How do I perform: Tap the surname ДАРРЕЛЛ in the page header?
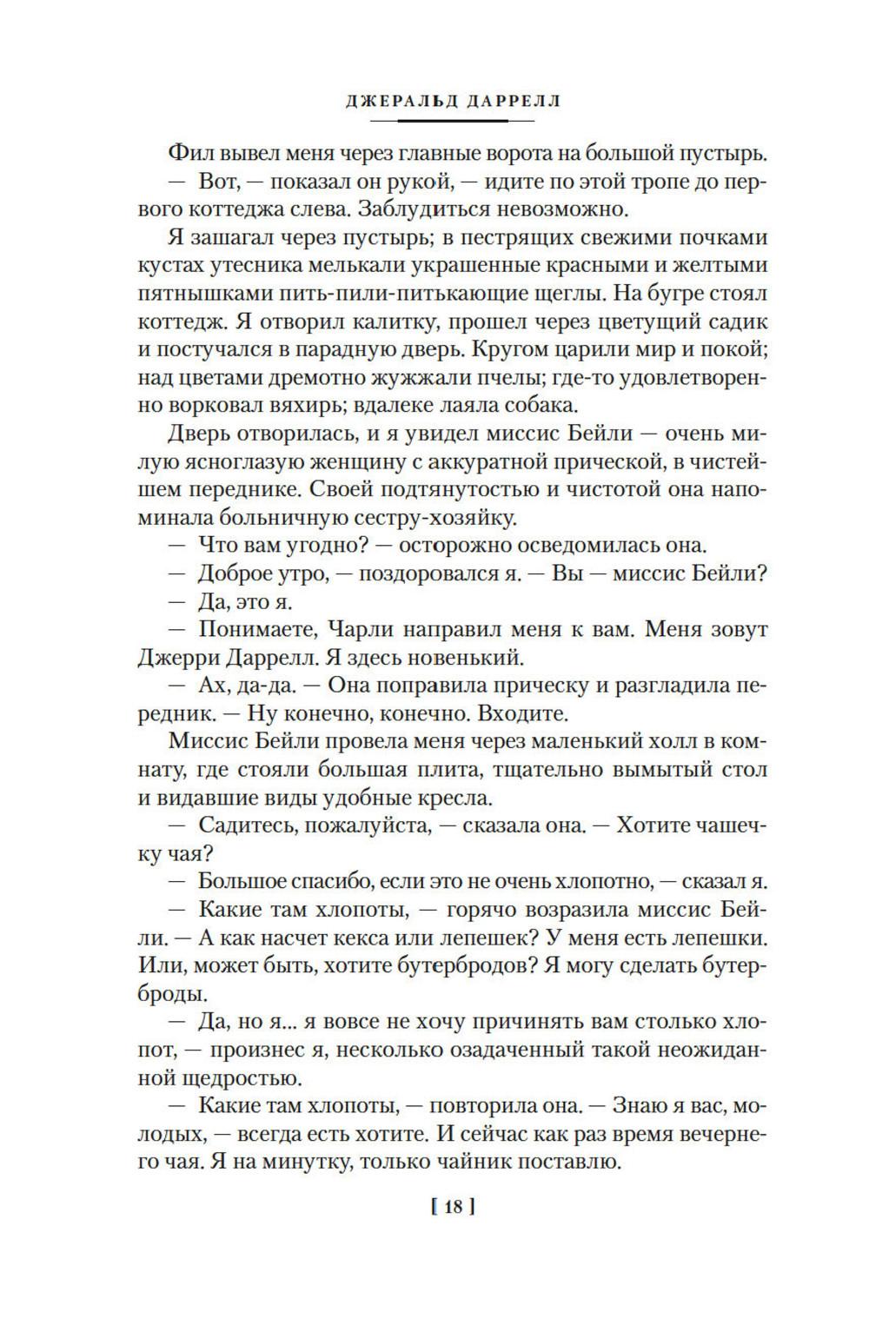pos(512,102)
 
